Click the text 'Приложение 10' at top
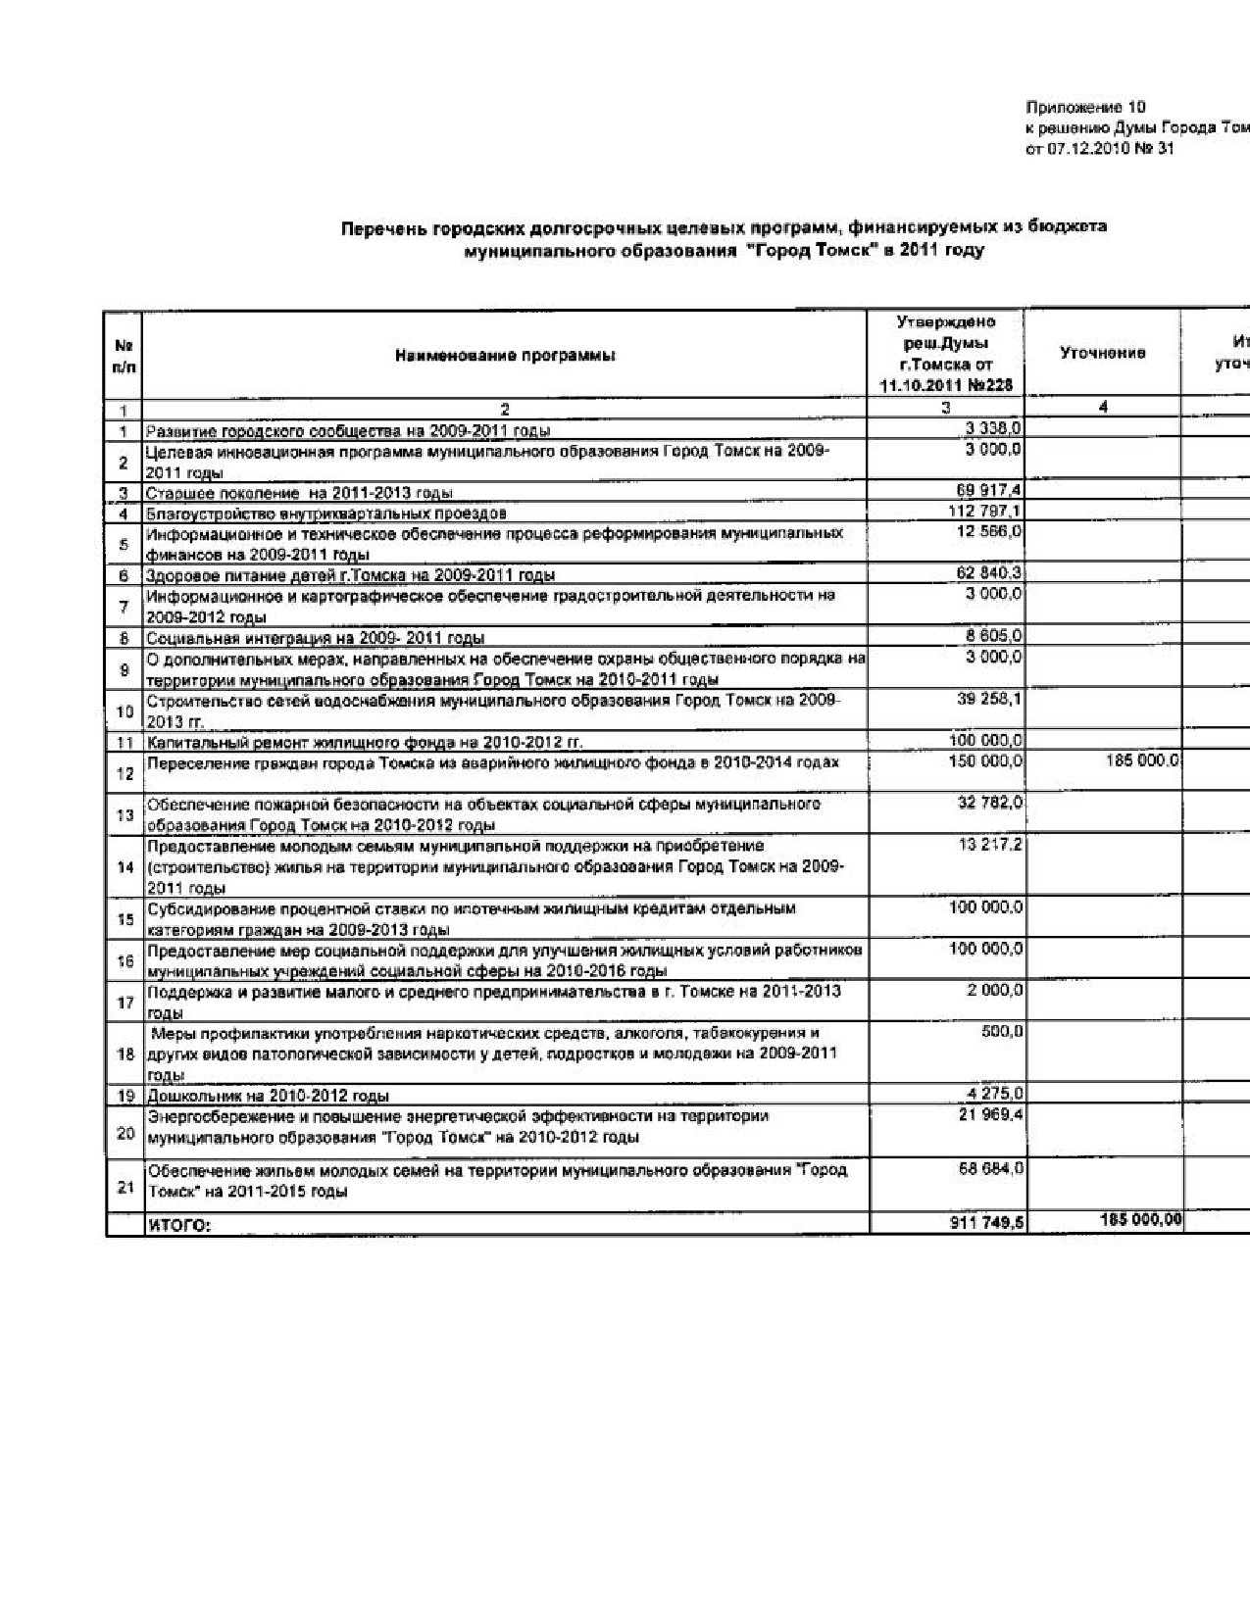click(1085, 108)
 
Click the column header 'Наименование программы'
click(505, 357)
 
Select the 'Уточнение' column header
click(1103, 353)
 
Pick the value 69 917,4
click(990, 491)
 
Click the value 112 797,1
click(987, 512)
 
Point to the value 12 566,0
click(990, 531)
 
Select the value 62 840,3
click(990, 573)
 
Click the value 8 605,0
click(994, 636)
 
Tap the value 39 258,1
click(990, 699)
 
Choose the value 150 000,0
click(987, 761)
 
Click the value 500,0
click(1003, 1032)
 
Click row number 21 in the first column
click(125, 1188)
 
